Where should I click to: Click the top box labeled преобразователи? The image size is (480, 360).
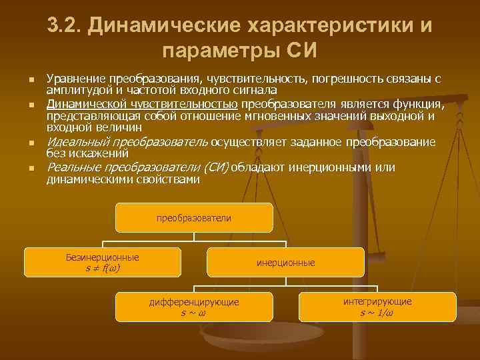click(194, 218)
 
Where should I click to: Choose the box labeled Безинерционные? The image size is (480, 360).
click(103, 262)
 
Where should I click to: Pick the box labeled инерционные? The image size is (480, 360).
click(285, 263)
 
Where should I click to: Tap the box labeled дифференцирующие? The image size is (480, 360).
click(193, 307)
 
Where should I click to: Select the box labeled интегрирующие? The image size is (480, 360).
click(377, 307)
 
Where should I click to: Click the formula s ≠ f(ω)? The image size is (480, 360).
click(103, 268)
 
